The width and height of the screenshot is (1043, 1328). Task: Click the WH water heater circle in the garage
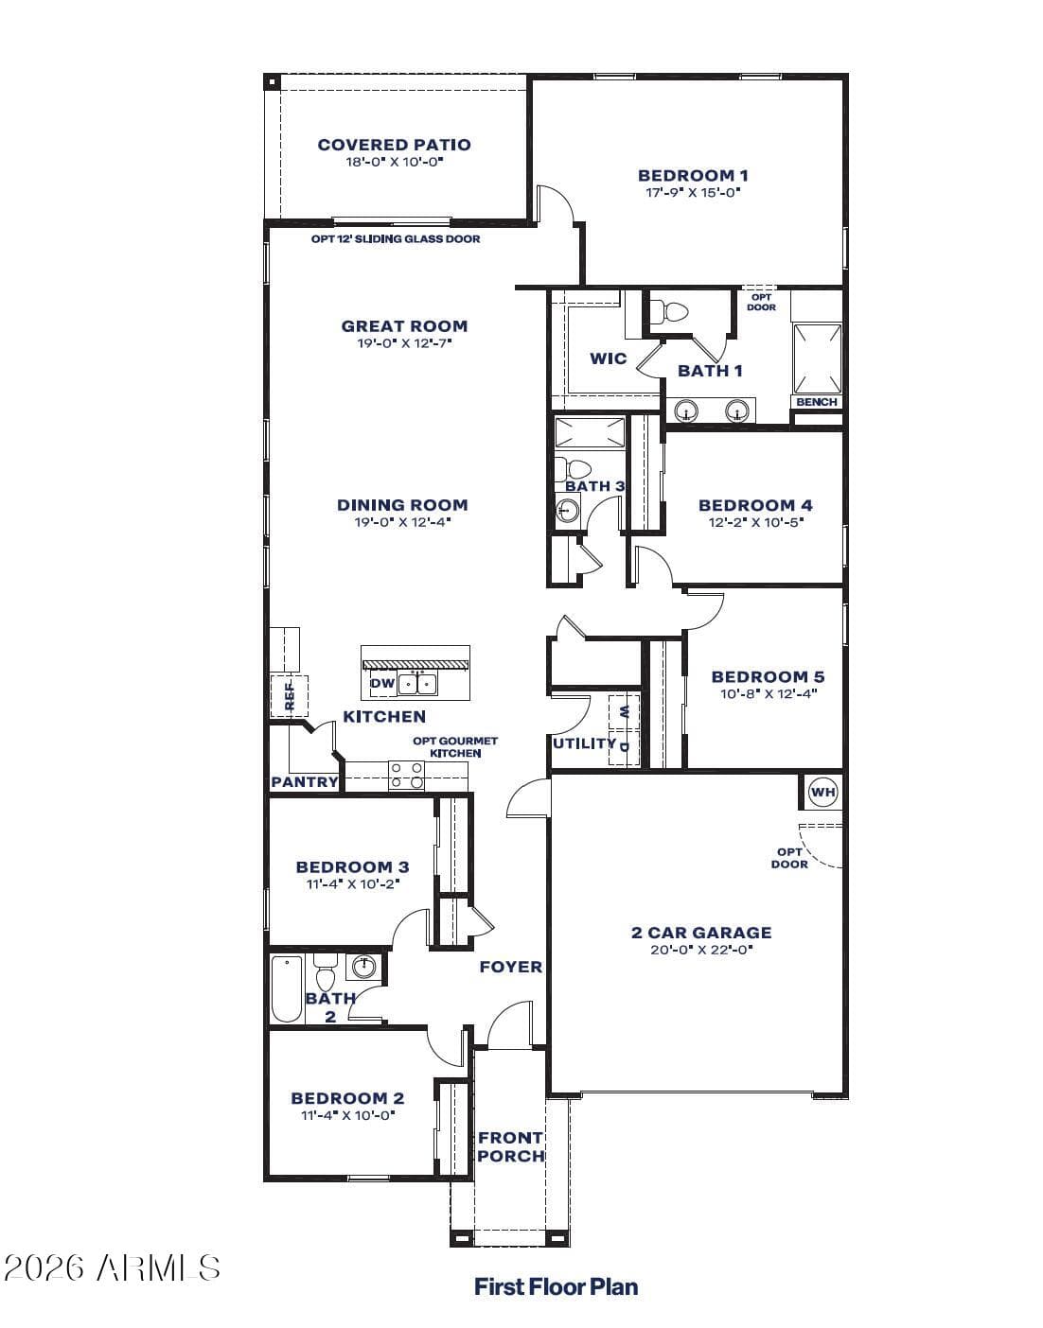pyautogui.click(x=822, y=793)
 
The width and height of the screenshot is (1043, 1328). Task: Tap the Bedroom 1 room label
pyautogui.click(x=693, y=176)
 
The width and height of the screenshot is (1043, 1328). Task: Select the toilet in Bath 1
pyautogui.click(x=667, y=312)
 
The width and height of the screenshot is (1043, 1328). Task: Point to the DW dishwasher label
pyautogui.click(x=381, y=683)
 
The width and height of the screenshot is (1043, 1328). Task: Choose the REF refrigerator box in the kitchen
pyautogui.click(x=290, y=695)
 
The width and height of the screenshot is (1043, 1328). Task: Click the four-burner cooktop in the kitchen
pyautogui.click(x=407, y=775)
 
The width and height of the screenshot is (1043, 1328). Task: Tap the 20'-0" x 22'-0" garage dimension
pyautogui.click(x=700, y=950)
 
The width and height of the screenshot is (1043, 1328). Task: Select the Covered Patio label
pyautogui.click(x=395, y=145)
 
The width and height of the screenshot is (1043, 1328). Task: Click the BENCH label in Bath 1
pyautogui.click(x=817, y=401)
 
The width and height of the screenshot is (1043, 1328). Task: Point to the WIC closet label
pyautogui.click(x=609, y=358)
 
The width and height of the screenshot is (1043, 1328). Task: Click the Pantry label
pyautogui.click(x=305, y=781)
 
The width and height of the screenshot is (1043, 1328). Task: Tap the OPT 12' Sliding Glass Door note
pyautogui.click(x=396, y=239)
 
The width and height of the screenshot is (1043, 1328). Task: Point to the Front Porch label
pyautogui.click(x=510, y=1146)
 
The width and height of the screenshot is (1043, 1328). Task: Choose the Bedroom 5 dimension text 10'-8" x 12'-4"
pyautogui.click(x=769, y=693)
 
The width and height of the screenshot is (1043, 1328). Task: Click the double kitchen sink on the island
pyautogui.click(x=417, y=684)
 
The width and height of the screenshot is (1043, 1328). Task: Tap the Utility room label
pyautogui.click(x=585, y=743)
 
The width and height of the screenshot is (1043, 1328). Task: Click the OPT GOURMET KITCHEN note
pyautogui.click(x=455, y=747)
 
